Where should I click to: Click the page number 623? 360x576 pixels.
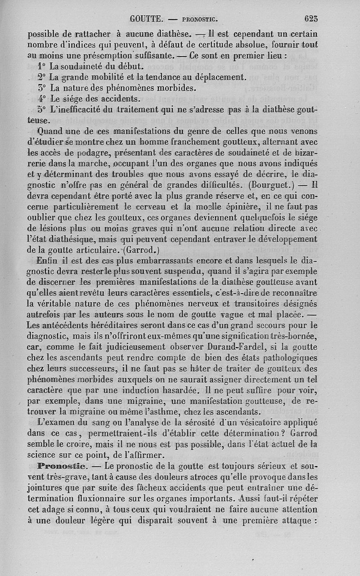click(x=311, y=19)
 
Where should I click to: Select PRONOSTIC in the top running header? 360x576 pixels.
click(x=200, y=19)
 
